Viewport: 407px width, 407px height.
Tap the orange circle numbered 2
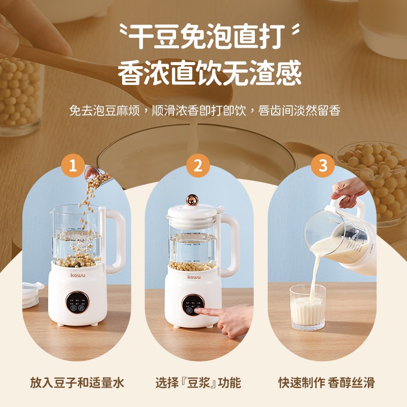[198, 165]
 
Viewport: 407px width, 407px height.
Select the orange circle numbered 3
[322, 165]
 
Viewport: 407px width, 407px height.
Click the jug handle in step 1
[116, 239]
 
